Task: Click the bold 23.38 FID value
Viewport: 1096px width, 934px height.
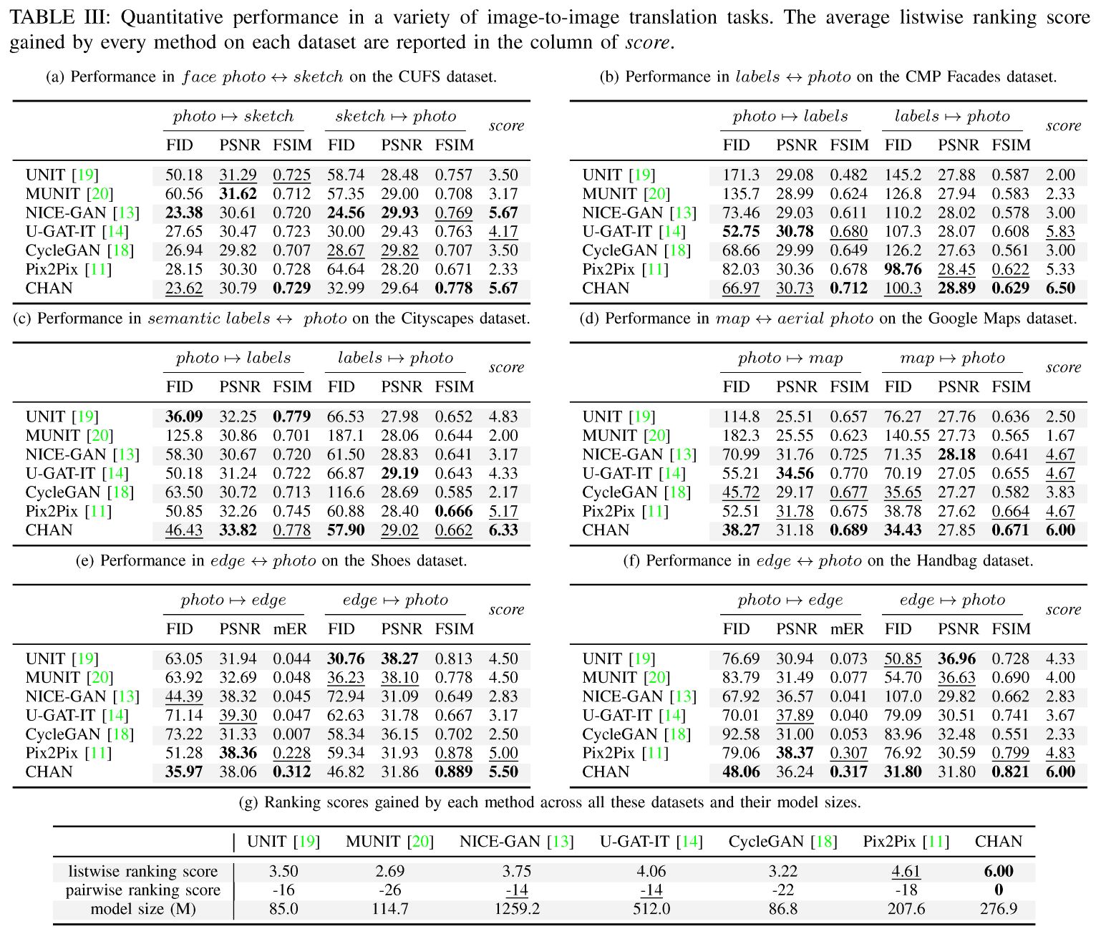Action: pos(183,213)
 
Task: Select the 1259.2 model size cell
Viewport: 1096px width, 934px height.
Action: pos(516,909)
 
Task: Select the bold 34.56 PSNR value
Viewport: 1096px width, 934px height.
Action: pos(795,473)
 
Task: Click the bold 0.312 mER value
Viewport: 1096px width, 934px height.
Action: pos(292,772)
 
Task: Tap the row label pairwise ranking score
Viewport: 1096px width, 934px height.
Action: pos(143,890)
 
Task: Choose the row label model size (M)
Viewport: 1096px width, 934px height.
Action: pos(143,909)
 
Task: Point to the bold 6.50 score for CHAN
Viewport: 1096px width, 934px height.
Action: pos(1060,288)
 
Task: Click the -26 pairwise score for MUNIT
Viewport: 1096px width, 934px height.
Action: pos(389,890)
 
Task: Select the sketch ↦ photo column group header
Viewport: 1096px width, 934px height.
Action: pos(395,116)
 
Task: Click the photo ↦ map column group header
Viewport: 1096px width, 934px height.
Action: pos(790,358)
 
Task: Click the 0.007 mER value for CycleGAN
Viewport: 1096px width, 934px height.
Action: pos(292,734)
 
